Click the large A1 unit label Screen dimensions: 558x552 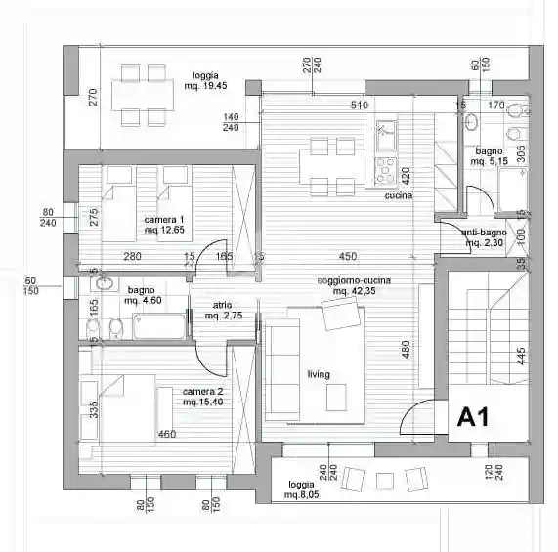[x=473, y=417]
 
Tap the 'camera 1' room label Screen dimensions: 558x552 [x=164, y=220]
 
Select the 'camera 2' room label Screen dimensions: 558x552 [x=203, y=392]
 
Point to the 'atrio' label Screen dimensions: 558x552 [x=223, y=305]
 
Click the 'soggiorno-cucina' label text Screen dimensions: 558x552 [x=354, y=280]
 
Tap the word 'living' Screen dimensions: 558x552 [x=319, y=374]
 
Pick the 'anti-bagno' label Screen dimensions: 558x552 [x=484, y=233]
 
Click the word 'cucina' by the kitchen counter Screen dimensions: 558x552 [x=399, y=195]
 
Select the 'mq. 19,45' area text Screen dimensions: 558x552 [x=205, y=86]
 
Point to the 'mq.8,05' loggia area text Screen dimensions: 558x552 [x=301, y=494]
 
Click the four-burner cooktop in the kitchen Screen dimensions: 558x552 [x=386, y=171]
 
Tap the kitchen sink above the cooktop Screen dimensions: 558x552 [x=386, y=136]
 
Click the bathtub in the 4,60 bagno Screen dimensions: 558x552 [x=159, y=325]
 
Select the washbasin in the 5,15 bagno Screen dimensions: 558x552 [x=471, y=122]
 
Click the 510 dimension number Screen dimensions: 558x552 [x=360, y=105]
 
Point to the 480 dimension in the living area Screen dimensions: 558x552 [x=406, y=349]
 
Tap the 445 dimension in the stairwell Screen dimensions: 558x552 [x=520, y=356]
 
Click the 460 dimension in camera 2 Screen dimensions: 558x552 [x=167, y=434]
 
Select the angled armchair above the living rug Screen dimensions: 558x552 [x=340, y=315]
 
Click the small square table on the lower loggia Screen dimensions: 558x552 [x=385, y=482]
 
